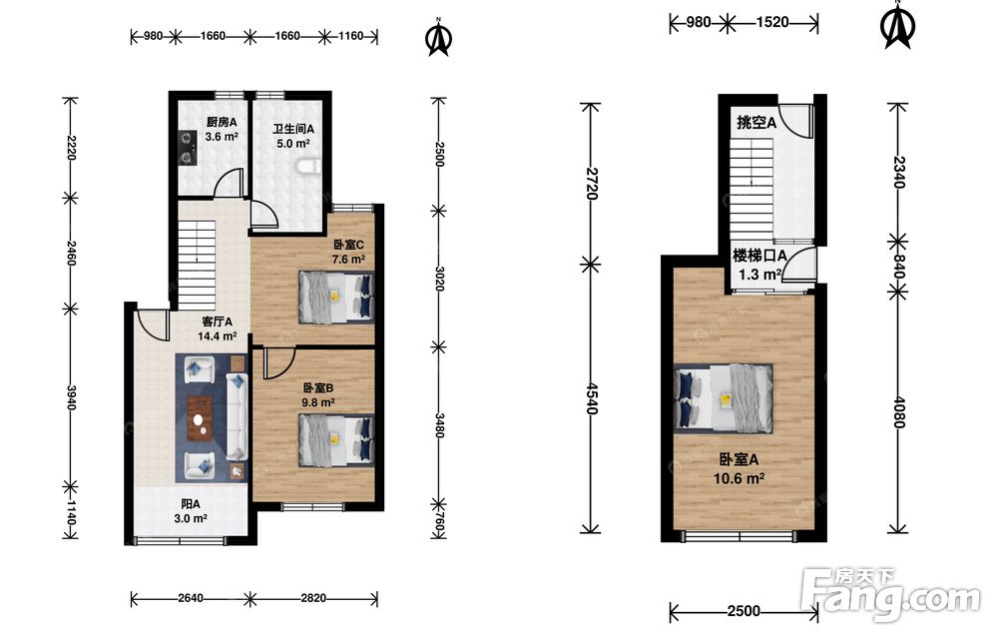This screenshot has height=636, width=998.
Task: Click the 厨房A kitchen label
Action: pos(222,122)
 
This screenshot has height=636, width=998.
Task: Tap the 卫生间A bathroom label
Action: pos(292,129)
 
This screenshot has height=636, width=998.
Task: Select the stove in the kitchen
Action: pos(188,147)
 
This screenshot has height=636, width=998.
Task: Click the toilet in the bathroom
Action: pos(307,166)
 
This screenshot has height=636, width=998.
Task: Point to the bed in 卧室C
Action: pos(336,297)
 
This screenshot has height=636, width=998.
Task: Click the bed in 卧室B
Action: pos(336,440)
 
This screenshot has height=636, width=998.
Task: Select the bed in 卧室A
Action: pos(724,398)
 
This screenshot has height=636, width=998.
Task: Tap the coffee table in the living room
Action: pos(201,418)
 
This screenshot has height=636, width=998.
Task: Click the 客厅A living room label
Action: pos(217,321)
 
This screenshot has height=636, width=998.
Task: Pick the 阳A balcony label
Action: pos(191,503)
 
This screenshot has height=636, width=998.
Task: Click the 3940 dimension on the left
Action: pos(71,397)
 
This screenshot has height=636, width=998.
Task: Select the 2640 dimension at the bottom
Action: pos(191,598)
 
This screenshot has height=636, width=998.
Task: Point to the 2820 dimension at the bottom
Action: pos(313,598)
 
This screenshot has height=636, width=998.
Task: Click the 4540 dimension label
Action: pos(591,398)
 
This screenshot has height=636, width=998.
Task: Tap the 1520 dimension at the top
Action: pos(772,22)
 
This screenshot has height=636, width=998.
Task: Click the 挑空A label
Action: pos(756,122)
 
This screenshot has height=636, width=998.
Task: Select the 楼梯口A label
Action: pos(759,256)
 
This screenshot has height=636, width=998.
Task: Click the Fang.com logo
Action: pos(891,595)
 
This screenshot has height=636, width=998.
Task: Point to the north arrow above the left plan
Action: pos(438,38)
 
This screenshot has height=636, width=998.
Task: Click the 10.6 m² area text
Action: pos(739,478)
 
